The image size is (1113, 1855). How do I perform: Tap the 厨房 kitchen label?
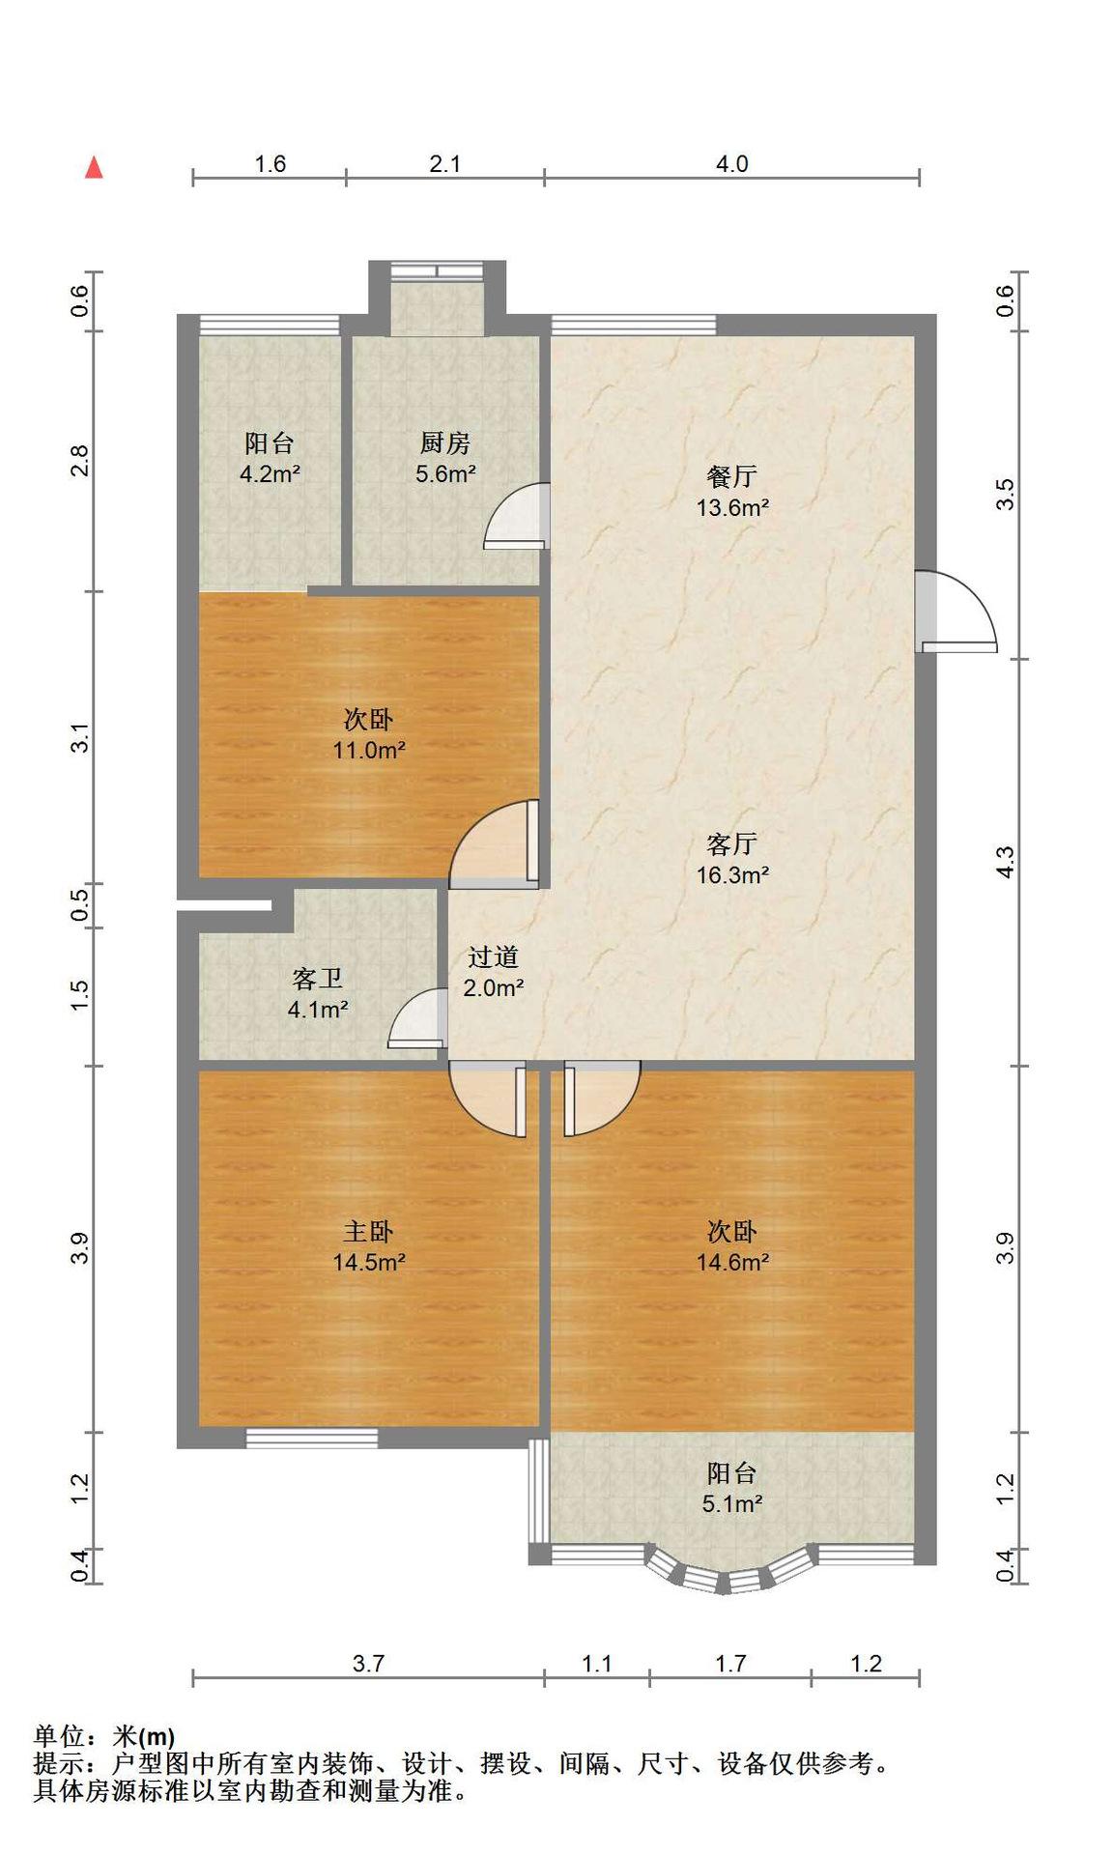(445, 443)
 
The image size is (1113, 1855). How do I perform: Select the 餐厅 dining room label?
(731, 476)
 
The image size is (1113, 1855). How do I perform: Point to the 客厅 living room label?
(731, 844)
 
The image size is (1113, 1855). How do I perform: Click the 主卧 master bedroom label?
(368, 1232)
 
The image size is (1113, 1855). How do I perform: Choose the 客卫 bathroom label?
(318, 980)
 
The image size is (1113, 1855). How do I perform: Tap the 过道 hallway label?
(494, 957)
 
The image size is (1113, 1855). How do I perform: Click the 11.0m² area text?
(368, 750)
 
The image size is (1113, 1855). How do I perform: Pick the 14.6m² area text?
(732, 1262)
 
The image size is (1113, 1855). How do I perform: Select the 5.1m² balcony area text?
(732, 1503)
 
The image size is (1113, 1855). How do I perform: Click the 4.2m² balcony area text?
(270, 474)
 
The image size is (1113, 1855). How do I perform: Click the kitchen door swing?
(517, 516)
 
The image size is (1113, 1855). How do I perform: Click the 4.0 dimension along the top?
(731, 164)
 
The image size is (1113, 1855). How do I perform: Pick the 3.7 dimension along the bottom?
(368, 1664)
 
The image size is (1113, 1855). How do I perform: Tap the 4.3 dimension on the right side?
(1006, 862)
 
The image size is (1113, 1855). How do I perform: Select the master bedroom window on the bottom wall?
(311, 1438)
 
